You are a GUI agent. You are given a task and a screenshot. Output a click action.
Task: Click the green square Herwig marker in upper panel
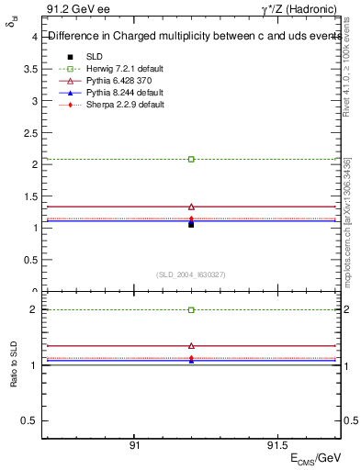[191, 159]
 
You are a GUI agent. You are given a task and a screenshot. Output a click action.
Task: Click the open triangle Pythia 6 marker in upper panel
[191, 207]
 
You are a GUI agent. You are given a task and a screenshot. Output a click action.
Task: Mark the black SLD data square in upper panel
[191, 223]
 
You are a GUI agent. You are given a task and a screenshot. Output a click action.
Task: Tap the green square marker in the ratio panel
[191, 310]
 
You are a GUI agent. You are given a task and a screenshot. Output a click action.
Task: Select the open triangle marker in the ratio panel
[191, 345]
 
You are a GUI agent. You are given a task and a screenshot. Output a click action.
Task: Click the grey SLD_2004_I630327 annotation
[191, 274]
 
